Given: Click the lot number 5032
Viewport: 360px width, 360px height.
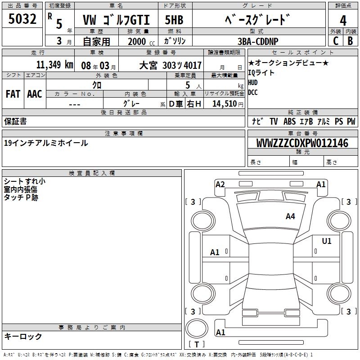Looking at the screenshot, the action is [x=22, y=19].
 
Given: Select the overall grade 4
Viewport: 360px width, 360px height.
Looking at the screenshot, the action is [x=343, y=20].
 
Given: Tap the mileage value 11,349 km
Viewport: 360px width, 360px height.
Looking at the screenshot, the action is [x=55, y=65].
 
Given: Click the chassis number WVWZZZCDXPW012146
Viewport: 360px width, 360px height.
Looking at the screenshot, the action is [x=302, y=143].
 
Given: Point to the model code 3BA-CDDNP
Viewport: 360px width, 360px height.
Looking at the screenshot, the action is [x=258, y=41].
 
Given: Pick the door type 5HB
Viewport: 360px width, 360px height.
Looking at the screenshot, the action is [x=174, y=20].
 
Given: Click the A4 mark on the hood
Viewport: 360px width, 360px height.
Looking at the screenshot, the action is [x=290, y=216].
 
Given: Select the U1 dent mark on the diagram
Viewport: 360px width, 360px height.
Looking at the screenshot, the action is [x=327, y=241].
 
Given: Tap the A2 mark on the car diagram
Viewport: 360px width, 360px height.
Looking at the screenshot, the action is [x=220, y=184].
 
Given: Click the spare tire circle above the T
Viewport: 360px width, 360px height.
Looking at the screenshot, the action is [x=197, y=328].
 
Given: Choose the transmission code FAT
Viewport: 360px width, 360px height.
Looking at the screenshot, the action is [x=13, y=94].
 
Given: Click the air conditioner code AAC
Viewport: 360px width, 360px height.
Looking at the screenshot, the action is [x=35, y=94].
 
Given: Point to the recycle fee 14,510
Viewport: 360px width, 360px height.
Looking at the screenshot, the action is [x=225, y=104].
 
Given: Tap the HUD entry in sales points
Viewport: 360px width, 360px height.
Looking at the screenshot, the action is [x=253, y=82].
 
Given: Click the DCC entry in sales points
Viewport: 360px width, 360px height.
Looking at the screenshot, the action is [x=253, y=92].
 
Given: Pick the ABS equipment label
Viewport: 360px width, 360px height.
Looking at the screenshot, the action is [x=289, y=121].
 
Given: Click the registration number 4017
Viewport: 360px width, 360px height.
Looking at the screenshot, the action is [x=193, y=65].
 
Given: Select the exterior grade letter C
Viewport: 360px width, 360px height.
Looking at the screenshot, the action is [x=336, y=41].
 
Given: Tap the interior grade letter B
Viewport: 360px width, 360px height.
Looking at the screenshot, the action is [x=350, y=41].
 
